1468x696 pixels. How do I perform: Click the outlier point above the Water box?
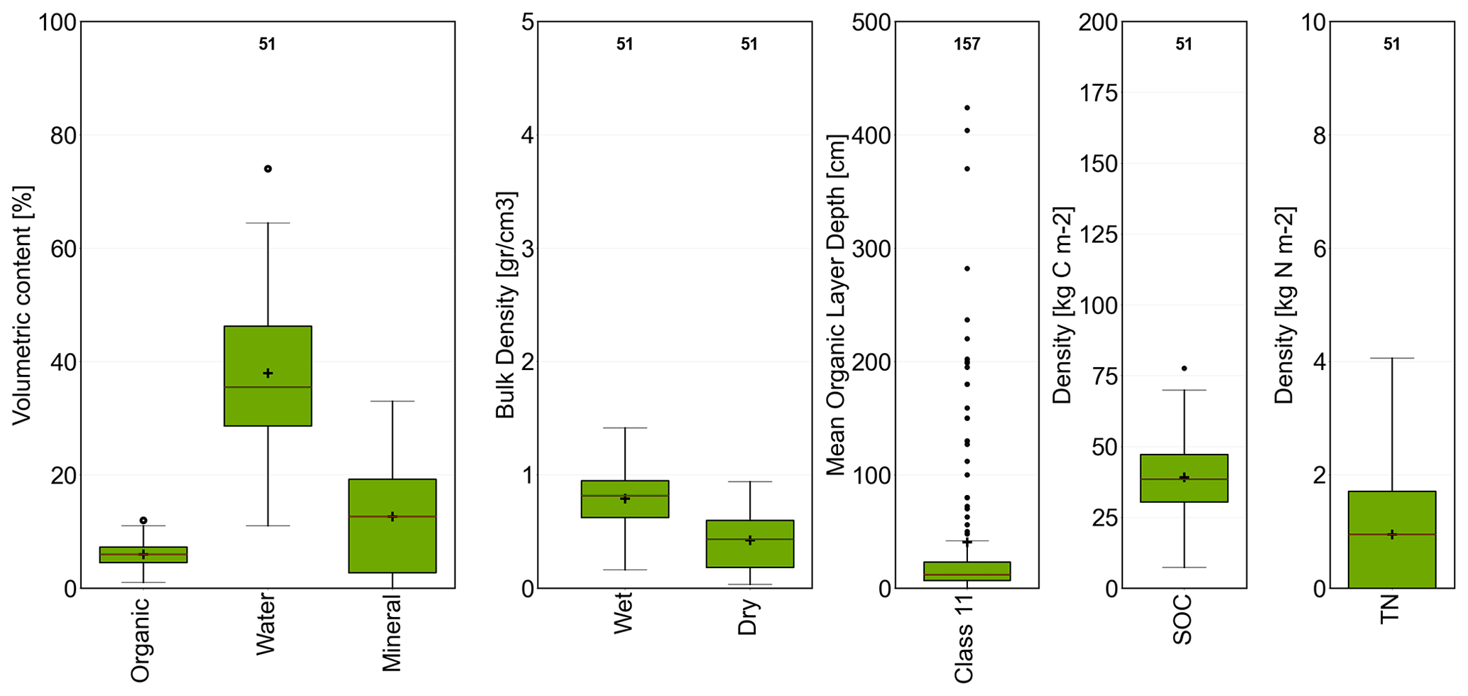(268, 169)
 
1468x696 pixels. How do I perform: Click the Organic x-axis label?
(141, 640)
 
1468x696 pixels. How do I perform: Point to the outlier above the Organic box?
(143, 521)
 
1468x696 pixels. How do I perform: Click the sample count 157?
(967, 45)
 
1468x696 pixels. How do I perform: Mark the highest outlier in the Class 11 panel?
(967, 108)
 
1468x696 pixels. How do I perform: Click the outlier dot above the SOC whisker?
(1184, 369)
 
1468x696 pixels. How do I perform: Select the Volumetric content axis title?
(22, 305)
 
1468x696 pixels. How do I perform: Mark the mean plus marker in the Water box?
(268, 374)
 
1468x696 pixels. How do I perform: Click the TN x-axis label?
(1390, 609)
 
